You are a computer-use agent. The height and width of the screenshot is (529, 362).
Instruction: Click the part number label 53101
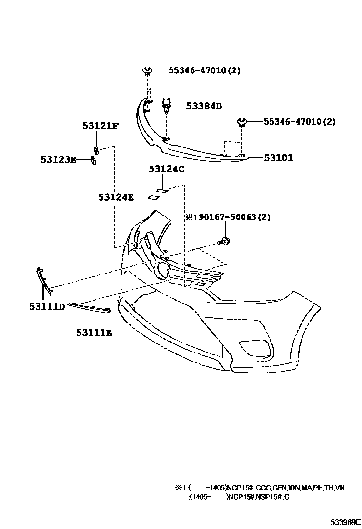tap(279, 158)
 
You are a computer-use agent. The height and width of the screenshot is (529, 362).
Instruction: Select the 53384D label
tap(204, 106)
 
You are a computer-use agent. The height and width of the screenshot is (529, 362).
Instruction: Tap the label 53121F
tap(100, 126)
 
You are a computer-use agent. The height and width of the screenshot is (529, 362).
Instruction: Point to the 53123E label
tap(58, 160)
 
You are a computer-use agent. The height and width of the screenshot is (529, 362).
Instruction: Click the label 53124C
tap(166, 169)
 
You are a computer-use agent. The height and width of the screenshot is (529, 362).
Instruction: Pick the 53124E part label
tap(116, 197)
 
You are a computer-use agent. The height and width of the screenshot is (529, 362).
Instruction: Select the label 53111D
tap(47, 307)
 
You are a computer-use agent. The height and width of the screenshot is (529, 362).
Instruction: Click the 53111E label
tap(93, 333)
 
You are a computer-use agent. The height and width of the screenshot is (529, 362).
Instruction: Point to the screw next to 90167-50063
tap(224, 241)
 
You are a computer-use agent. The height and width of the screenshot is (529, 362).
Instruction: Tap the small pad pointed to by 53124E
tap(154, 197)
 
